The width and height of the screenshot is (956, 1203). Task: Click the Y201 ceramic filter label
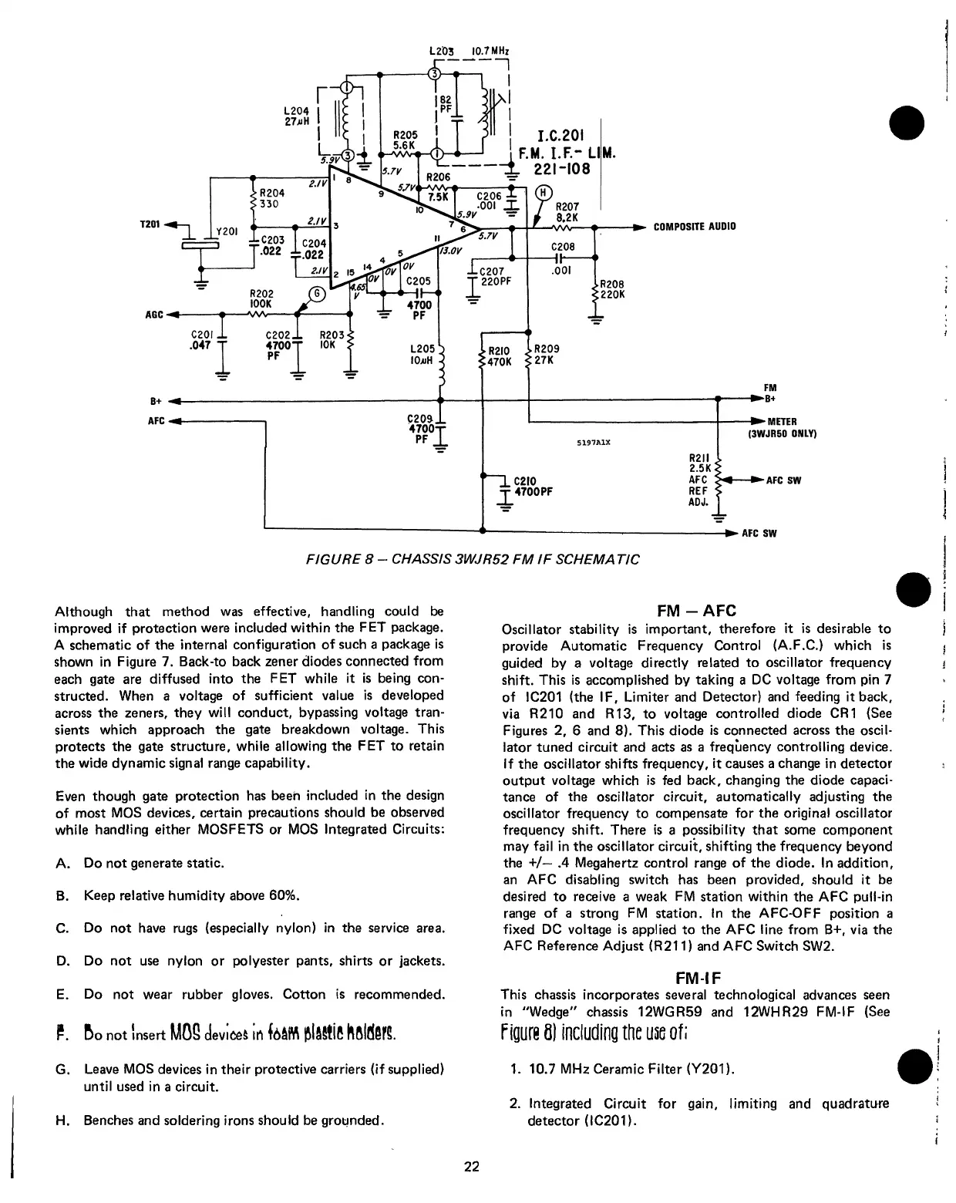click(227, 231)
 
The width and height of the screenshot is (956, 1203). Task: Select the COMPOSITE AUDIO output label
click(694, 227)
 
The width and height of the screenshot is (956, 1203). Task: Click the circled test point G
click(315, 294)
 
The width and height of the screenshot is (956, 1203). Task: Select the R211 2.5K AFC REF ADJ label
click(698, 479)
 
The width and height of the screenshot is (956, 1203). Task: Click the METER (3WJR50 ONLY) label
click(781, 427)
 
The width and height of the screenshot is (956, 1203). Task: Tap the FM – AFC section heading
click(696, 611)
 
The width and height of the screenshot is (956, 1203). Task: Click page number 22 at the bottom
click(471, 1167)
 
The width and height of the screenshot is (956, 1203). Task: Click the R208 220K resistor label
click(611, 288)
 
